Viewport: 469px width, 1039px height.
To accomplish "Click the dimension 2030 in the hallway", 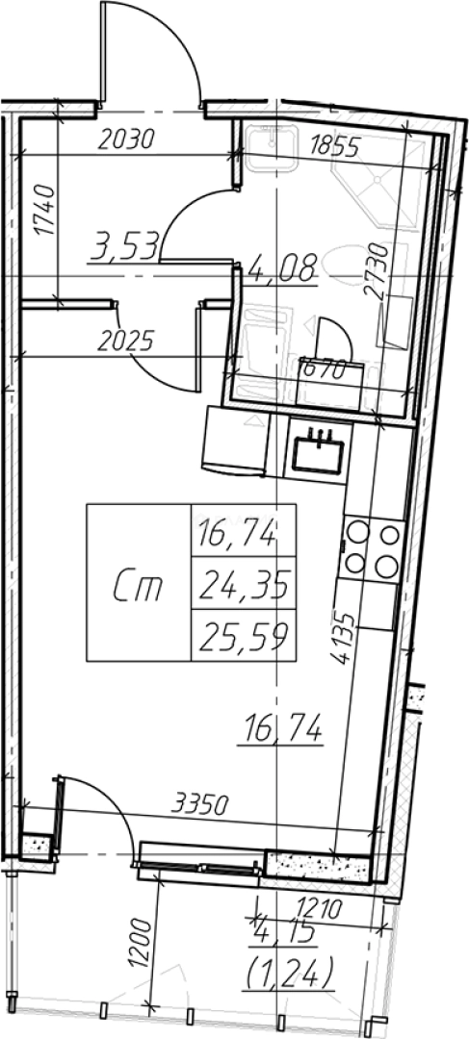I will point(126,140).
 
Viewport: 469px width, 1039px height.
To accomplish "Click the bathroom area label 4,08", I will point(282,267).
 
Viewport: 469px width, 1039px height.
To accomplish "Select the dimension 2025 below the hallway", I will point(125,340).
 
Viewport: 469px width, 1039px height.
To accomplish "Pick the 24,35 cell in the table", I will point(244,584).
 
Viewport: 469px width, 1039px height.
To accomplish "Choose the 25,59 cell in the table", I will point(244,634).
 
